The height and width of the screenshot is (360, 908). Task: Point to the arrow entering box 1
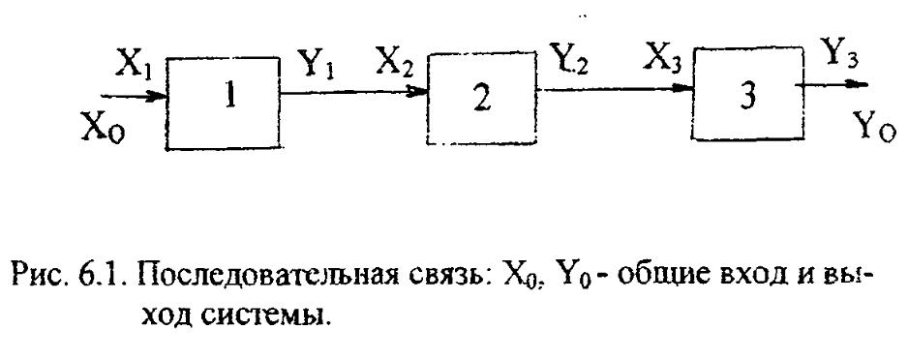coord(134,96)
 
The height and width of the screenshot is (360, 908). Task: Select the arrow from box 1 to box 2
coord(353,91)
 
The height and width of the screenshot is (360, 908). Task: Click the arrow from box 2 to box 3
coord(615,89)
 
